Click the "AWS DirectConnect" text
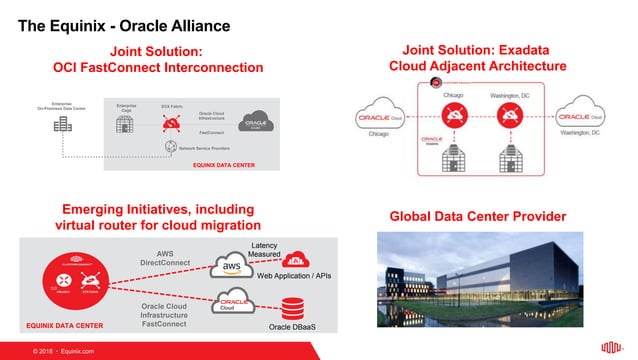tap(164, 260)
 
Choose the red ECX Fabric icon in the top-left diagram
tap(170, 124)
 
